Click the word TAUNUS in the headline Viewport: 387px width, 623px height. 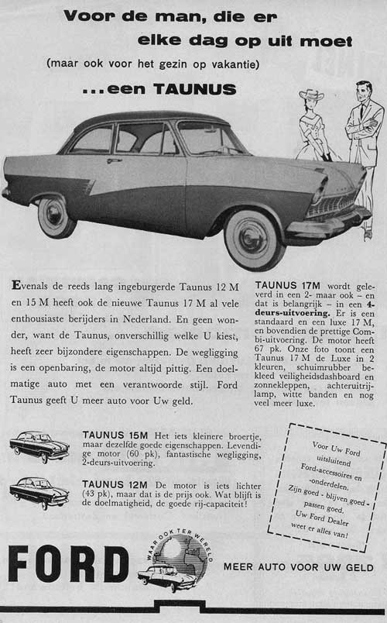point(194,89)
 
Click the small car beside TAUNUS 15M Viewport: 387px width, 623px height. point(39,446)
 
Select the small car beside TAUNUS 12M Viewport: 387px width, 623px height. point(39,492)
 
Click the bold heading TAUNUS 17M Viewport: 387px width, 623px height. point(291,284)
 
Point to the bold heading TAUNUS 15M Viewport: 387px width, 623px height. point(114,436)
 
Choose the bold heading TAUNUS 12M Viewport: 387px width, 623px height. point(114,484)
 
